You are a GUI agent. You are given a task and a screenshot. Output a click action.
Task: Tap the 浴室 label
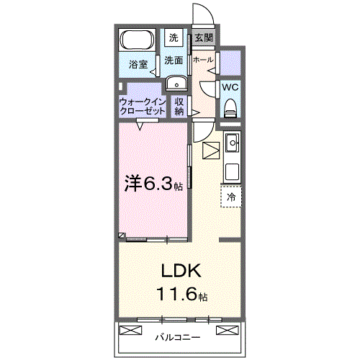click(138, 65)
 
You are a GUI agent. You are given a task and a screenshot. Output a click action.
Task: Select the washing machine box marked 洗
click(174, 37)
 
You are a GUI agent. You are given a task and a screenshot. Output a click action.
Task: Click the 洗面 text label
click(174, 60)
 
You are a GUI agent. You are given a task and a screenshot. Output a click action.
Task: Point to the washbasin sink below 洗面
click(175, 84)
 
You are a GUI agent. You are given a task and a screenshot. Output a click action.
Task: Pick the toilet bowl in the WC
click(230, 108)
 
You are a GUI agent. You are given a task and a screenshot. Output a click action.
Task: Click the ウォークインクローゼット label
click(143, 107)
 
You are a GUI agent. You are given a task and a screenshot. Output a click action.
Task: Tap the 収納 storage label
click(179, 107)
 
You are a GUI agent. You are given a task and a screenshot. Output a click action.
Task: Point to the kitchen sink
click(233, 145)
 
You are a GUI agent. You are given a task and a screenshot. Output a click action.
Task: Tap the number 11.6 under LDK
click(175, 294)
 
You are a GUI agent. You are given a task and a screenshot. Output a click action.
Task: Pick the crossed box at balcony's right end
click(226, 331)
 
